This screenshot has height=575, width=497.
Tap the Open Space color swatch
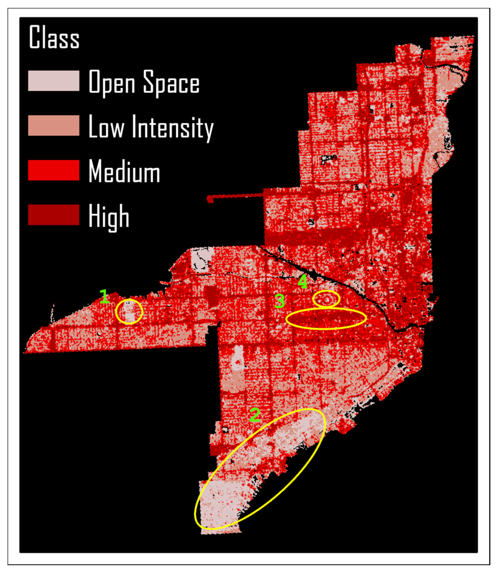click(x=54, y=81)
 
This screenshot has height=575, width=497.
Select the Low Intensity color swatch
click(x=54, y=125)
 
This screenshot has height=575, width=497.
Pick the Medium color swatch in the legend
click(x=54, y=170)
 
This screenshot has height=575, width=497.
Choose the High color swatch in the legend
click(x=54, y=215)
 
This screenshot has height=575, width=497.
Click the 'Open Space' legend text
click(x=144, y=82)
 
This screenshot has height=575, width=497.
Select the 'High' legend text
click(x=109, y=216)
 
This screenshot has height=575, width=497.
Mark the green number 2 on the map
click(x=255, y=415)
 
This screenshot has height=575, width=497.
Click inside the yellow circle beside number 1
click(x=129, y=312)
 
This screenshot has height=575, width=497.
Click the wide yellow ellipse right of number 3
click(x=326, y=319)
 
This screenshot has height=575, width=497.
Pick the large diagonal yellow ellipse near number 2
click(x=260, y=469)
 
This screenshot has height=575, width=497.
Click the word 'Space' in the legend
click(x=171, y=82)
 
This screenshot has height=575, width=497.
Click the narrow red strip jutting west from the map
click(x=236, y=197)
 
